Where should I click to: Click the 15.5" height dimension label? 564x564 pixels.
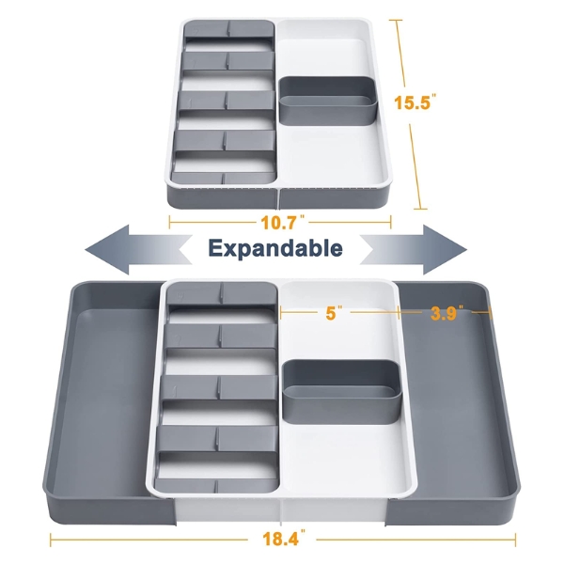[x=416, y=102]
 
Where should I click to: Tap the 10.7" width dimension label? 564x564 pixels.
[x=283, y=222]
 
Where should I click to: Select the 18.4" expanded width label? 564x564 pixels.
[x=284, y=539]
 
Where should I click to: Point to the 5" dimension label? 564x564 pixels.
[x=334, y=313]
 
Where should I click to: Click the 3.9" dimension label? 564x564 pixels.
[x=446, y=313]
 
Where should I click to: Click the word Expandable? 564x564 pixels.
[x=275, y=249]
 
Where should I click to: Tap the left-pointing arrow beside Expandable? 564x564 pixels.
[x=138, y=250]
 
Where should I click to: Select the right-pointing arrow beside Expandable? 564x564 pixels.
[x=414, y=250]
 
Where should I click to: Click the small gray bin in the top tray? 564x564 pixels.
[x=328, y=101]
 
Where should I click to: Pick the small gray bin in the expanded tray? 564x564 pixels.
[x=342, y=391]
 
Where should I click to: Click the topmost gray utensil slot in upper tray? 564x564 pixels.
[x=228, y=29]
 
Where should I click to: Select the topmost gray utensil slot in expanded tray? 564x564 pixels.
[x=222, y=292]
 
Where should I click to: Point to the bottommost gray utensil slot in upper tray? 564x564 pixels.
[x=224, y=178]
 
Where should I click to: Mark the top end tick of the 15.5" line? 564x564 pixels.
[x=396, y=21]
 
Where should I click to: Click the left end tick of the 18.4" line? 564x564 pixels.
[x=51, y=540]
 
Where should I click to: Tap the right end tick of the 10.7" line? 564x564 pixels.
[x=391, y=222]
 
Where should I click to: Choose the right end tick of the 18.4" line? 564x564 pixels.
[x=515, y=540]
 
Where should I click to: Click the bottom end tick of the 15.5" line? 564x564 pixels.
[x=420, y=209]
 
